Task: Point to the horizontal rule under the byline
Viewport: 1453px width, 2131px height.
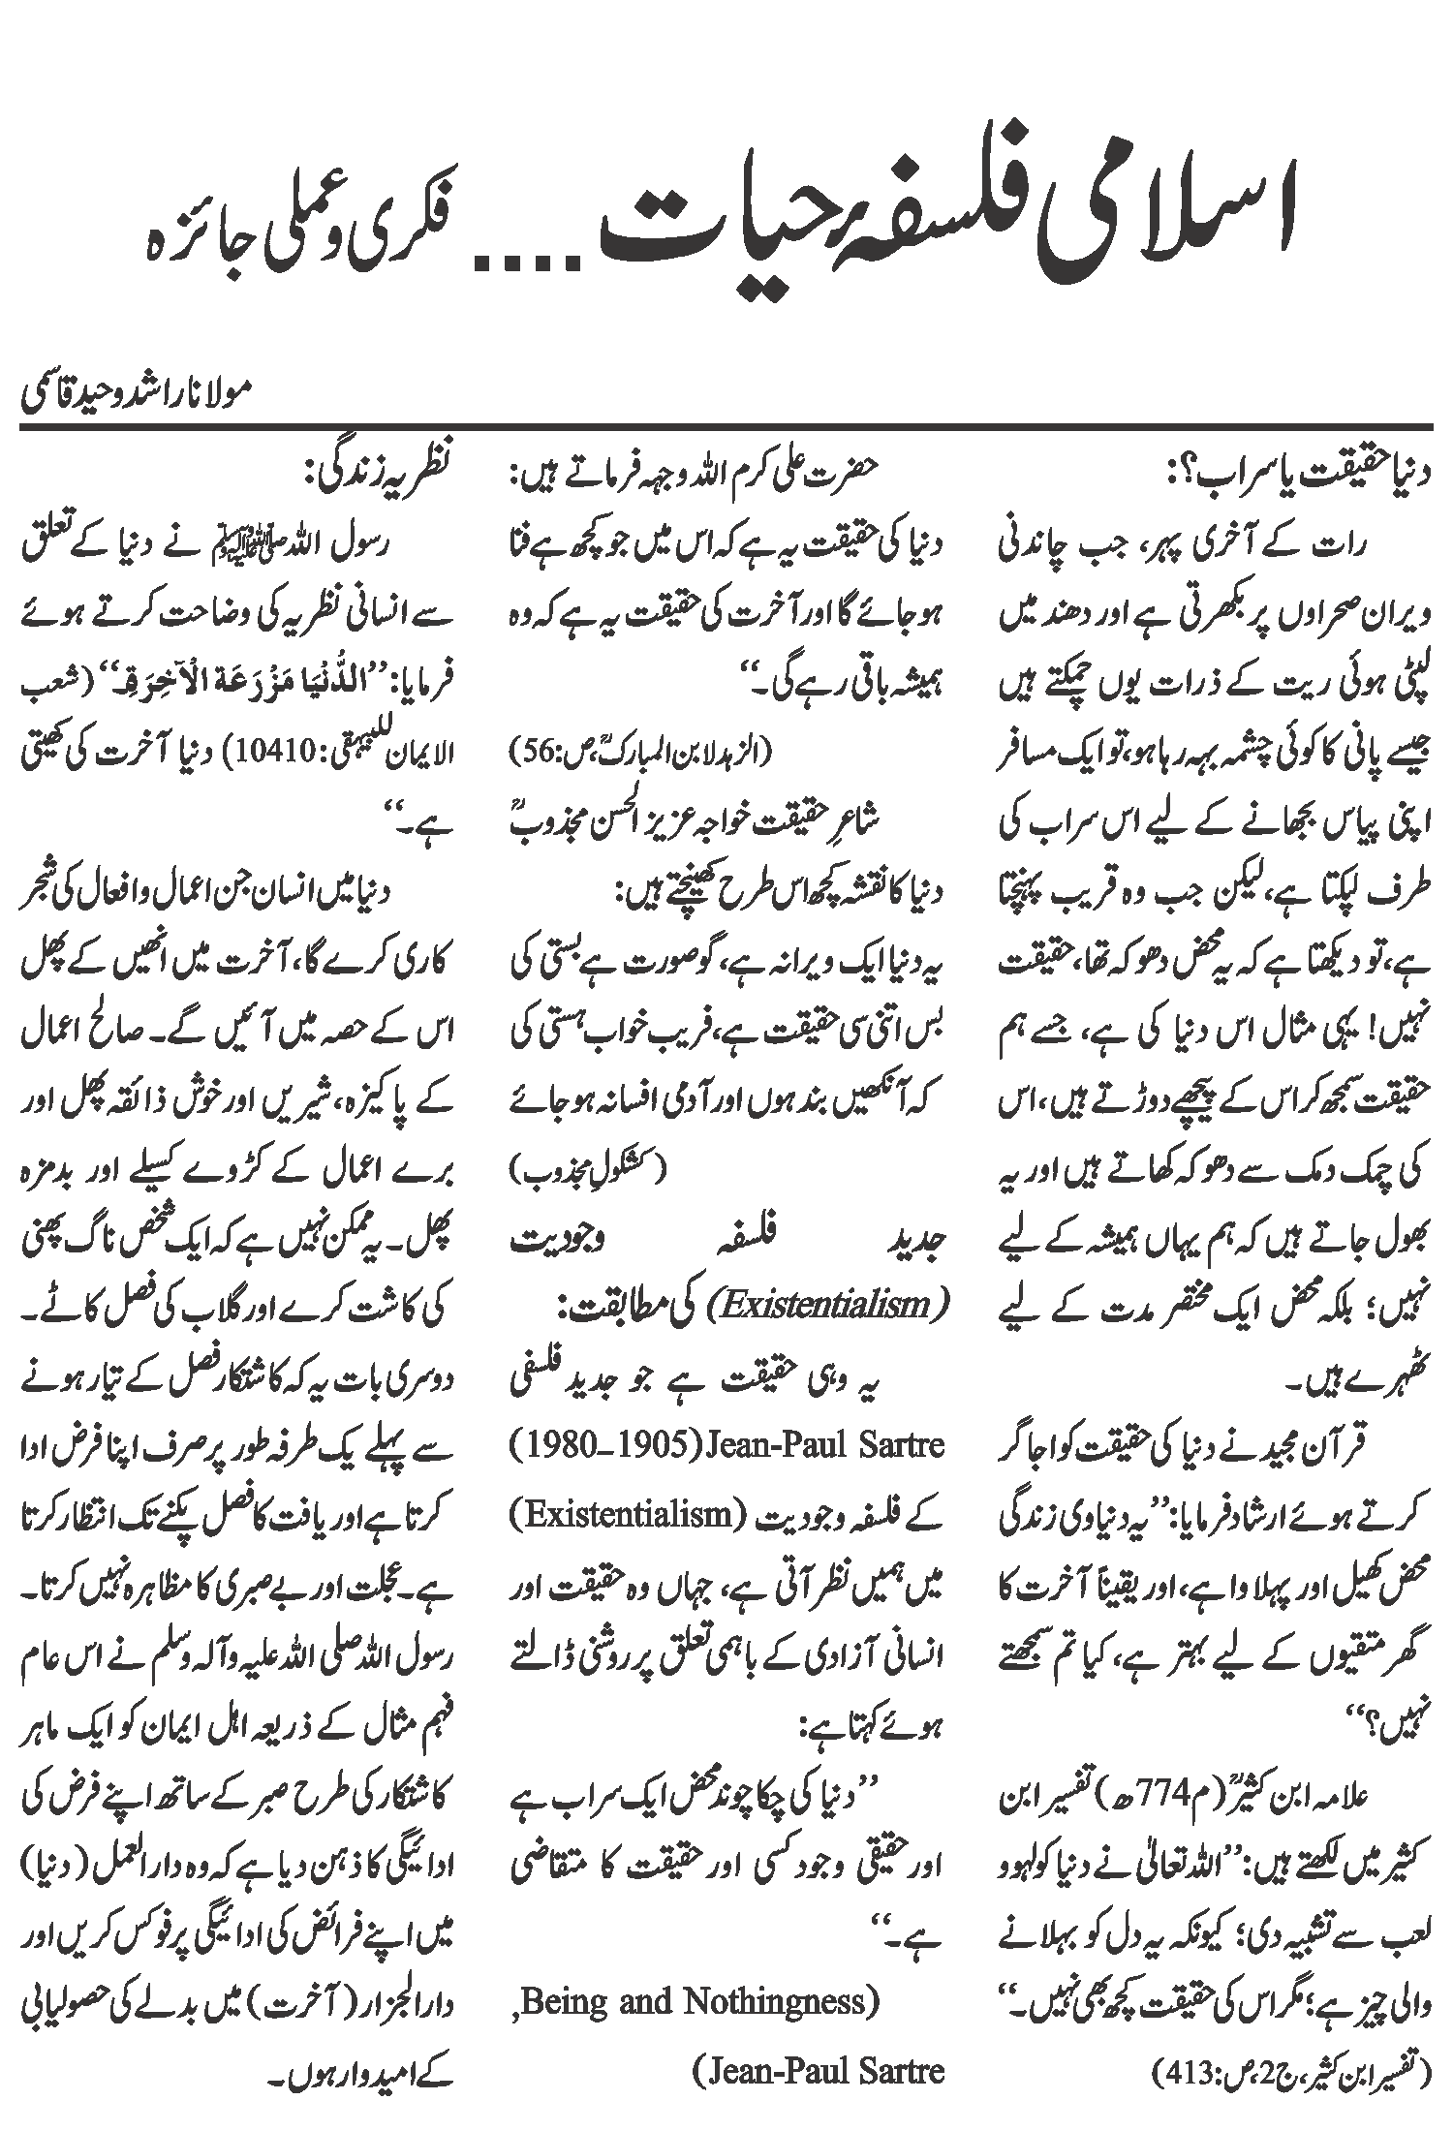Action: (x=726, y=426)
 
